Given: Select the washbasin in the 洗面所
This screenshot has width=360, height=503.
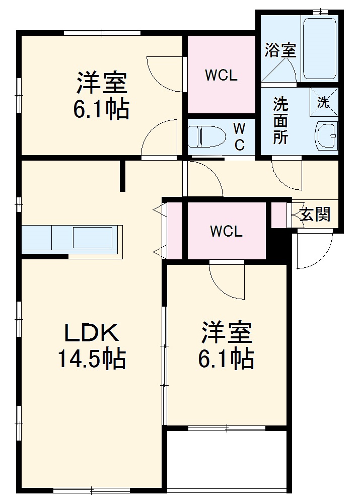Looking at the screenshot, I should [x=326, y=135].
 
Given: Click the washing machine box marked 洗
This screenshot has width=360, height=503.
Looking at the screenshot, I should [x=323, y=102].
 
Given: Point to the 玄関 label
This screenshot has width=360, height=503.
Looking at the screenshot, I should [x=316, y=214].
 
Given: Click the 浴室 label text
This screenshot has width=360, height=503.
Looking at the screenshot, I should [x=280, y=50].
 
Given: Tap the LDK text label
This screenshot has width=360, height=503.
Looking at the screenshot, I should [x=91, y=333].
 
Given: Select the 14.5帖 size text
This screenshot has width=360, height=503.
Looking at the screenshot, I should [x=91, y=358].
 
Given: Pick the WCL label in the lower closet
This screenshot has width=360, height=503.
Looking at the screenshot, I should [x=226, y=231].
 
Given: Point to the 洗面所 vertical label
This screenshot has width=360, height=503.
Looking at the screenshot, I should [x=280, y=121].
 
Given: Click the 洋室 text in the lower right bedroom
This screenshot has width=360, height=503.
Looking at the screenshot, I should [x=227, y=333].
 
